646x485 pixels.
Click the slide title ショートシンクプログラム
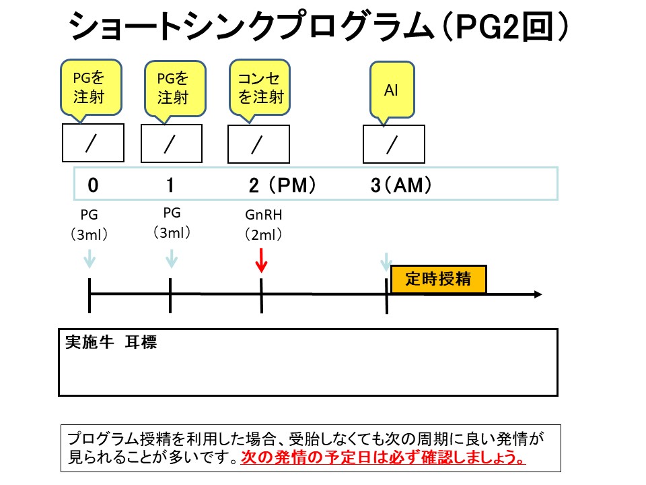coord(249,28)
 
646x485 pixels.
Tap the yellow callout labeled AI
coord(392,89)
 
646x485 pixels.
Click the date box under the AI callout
coord(394,143)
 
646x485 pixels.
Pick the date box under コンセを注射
coord(259,143)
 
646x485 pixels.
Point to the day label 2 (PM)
coord(281,186)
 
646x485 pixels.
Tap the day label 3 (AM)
coord(401,186)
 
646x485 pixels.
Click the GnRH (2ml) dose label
coord(262,225)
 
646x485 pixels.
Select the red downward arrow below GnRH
coord(262,260)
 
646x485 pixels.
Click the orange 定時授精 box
coord(438,279)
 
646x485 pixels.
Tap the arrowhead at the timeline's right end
coord(537,294)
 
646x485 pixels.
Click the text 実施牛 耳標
coord(111,342)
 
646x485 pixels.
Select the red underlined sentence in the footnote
coord(384,458)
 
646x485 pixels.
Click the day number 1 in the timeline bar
coord(170,186)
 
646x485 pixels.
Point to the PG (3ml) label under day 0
coord(90,225)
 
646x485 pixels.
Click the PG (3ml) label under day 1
coord(172,223)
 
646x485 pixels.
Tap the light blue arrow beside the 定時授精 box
coord(386,263)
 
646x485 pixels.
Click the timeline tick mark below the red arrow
coord(261,294)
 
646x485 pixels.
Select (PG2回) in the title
coord(511,28)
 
